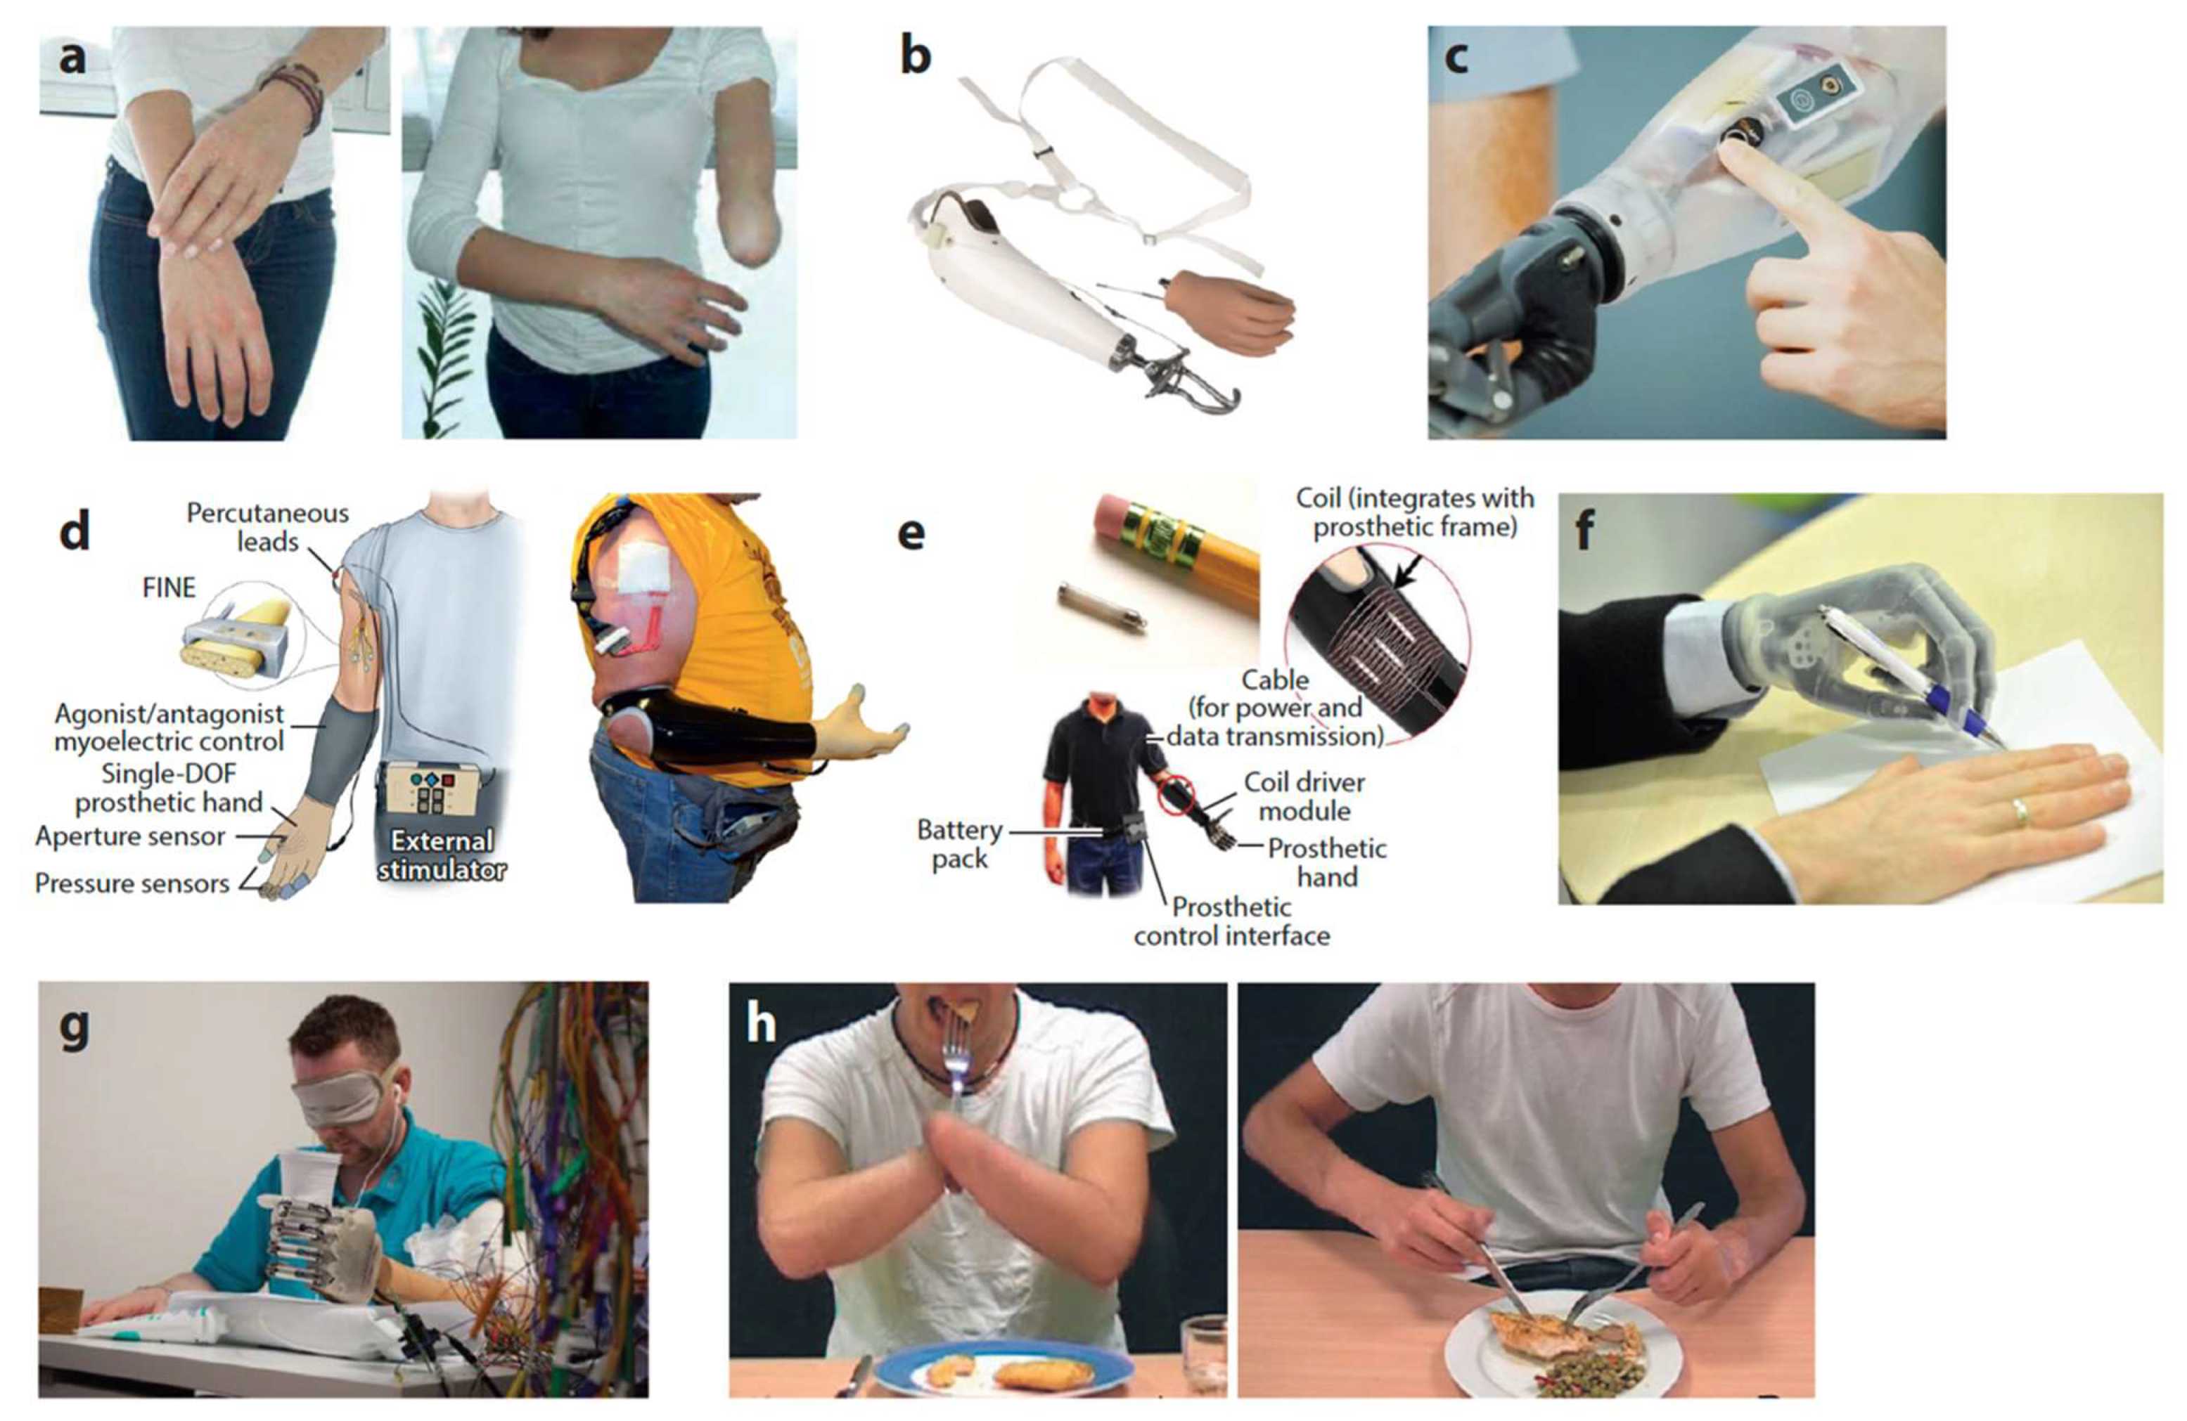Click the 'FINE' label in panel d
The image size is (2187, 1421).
coord(169,588)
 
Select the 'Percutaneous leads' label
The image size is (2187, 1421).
coord(267,527)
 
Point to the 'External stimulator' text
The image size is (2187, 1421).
coord(441,855)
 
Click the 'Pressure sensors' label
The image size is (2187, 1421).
coord(132,883)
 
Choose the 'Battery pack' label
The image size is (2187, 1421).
coord(959,844)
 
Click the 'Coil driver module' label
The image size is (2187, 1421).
coord(1304,796)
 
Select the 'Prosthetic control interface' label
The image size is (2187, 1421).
coord(1231,921)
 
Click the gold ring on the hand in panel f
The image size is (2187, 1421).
coord(2014,812)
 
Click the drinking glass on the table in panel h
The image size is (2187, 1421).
coord(1204,1355)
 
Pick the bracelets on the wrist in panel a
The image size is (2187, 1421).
coord(296,95)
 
